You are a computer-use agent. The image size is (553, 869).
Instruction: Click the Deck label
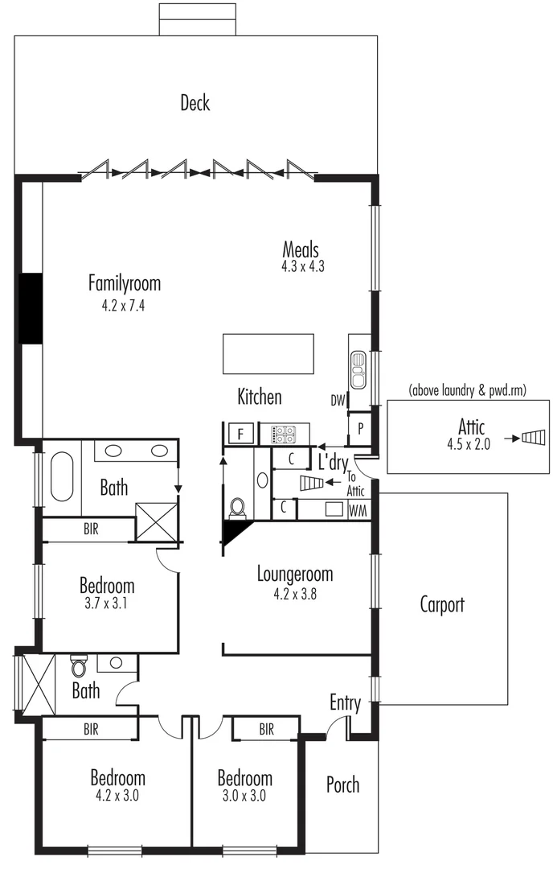pyautogui.click(x=195, y=103)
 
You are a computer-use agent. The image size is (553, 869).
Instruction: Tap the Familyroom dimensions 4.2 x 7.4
pyautogui.click(x=124, y=305)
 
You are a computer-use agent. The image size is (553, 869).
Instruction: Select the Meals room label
pyautogui.click(x=301, y=249)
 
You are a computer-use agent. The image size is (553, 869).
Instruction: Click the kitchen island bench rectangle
pyautogui.click(x=268, y=354)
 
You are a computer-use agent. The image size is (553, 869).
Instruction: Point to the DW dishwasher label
pyautogui.click(x=338, y=401)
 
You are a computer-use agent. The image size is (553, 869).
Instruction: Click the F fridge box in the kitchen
pyautogui.click(x=240, y=434)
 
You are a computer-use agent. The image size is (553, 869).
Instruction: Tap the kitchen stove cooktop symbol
pyautogui.click(x=284, y=434)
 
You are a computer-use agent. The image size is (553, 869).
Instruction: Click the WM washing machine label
pyautogui.click(x=358, y=510)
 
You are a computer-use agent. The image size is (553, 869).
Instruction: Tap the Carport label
pyautogui.click(x=442, y=604)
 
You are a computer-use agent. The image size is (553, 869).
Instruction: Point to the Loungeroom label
pyautogui.click(x=295, y=575)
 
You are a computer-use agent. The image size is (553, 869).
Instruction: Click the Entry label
pyautogui.click(x=345, y=702)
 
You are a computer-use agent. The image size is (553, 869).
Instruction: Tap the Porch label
pyautogui.click(x=343, y=785)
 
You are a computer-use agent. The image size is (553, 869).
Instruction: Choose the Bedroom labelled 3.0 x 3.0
pyautogui.click(x=244, y=778)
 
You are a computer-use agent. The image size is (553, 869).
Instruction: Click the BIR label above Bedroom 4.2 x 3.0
pyautogui.click(x=91, y=730)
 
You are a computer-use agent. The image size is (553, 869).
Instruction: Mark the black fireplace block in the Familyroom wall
pyautogui.click(x=30, y=309)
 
